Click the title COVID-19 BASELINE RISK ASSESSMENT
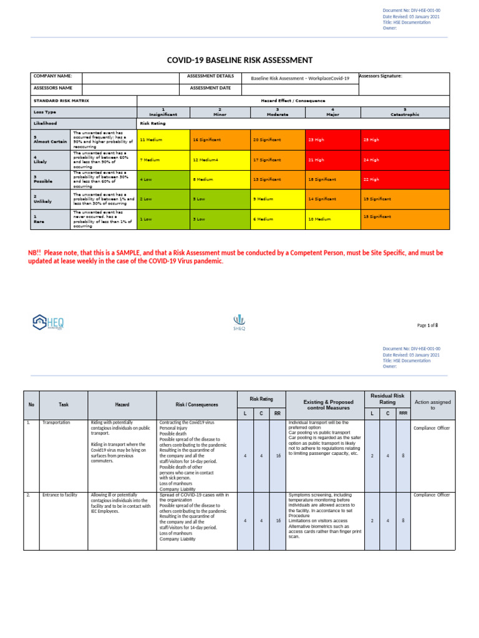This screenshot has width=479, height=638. (239, 60)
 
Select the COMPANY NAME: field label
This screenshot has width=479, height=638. (53, 77)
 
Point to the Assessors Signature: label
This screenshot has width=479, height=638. (380, 76)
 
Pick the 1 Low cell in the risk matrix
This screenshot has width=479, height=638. (146, 219)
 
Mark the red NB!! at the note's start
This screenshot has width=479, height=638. (34, 253)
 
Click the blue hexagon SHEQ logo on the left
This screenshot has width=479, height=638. (48, 321)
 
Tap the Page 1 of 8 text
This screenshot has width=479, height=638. (427, 325)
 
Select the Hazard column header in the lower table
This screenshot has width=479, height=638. (122, 405)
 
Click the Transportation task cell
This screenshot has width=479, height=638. (56, 422)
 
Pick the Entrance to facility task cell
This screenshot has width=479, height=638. (59, 495)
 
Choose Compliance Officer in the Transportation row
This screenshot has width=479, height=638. (431, 428)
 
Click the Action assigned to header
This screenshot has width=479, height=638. (433, 405)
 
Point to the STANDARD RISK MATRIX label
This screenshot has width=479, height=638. (61, 100)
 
